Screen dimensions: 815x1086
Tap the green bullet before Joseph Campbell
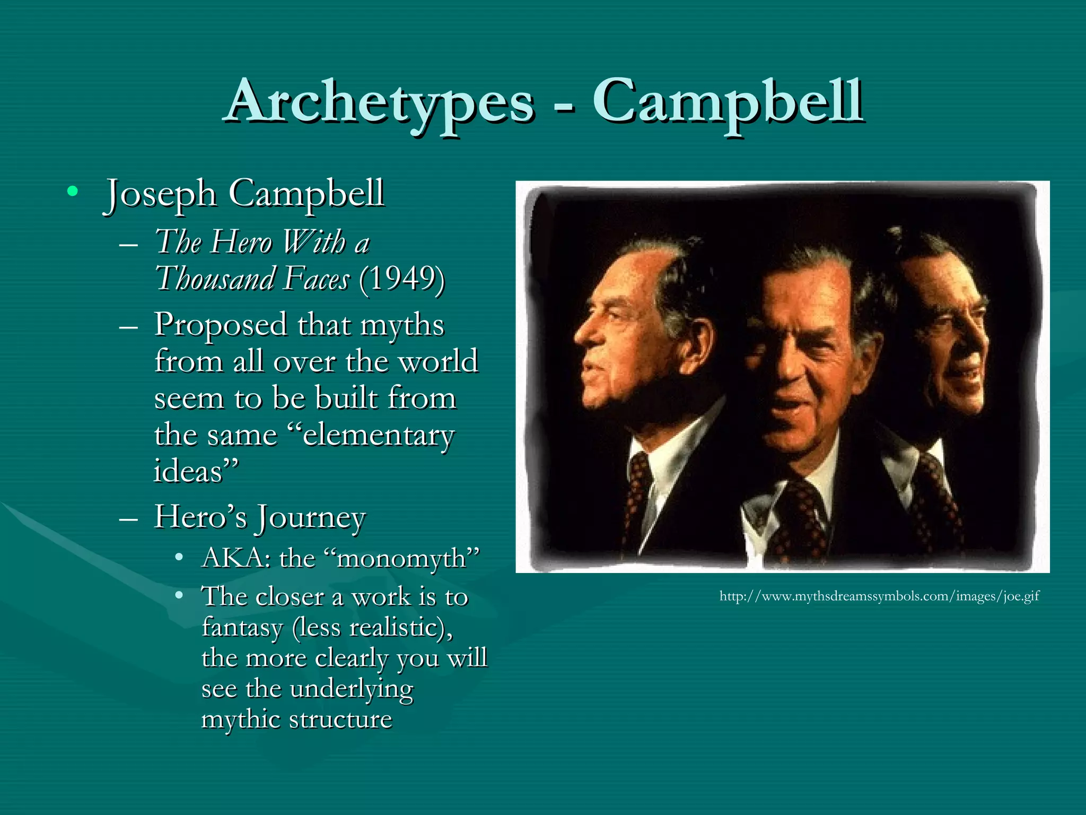[73, 191]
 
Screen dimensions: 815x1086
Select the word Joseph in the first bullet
[160, 194]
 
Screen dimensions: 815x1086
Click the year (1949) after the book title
[401, 278]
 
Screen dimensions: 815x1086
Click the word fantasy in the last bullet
[242, 628]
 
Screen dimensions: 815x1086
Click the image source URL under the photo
[879, 596]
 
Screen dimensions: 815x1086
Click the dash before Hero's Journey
[129, 517]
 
